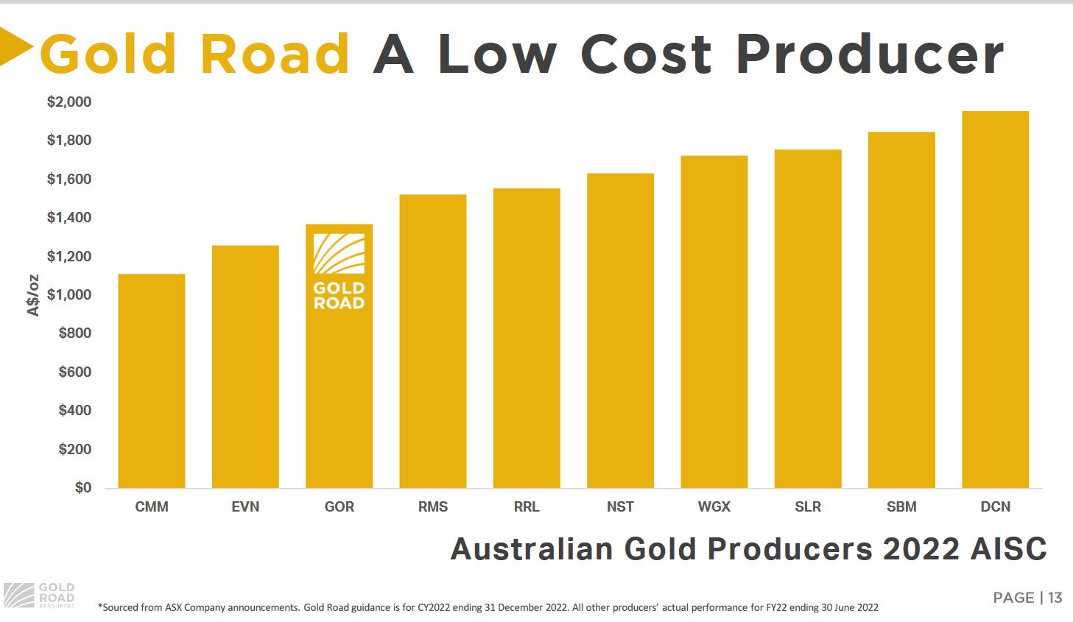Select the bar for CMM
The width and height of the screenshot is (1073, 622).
[152, 381]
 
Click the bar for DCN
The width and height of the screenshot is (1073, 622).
[995, 300]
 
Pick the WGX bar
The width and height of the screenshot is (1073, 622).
[714, 322]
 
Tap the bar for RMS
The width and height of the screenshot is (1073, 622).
[433, 341]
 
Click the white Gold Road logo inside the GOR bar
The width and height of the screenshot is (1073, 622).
[339, 272]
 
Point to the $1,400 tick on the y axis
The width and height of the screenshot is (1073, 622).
[69, 218]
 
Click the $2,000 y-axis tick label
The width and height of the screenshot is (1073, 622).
[69, 102]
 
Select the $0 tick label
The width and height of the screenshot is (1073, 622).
[82, 487]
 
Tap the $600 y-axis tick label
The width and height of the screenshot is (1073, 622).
[74, 372]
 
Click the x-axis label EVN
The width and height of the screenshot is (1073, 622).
[245, 507]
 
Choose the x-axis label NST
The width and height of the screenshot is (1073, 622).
[620, 507]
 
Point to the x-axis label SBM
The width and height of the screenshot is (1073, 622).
[901, 507]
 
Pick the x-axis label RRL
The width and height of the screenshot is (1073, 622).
[527, 507]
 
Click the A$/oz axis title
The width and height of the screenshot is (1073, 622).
[33, 295]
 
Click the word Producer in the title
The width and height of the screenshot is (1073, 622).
[870, 54]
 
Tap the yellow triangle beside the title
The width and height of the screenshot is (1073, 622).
[15, 47]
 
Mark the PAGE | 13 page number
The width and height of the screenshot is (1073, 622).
[1027, 598]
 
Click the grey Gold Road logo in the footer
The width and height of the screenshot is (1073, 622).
[39, 595]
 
